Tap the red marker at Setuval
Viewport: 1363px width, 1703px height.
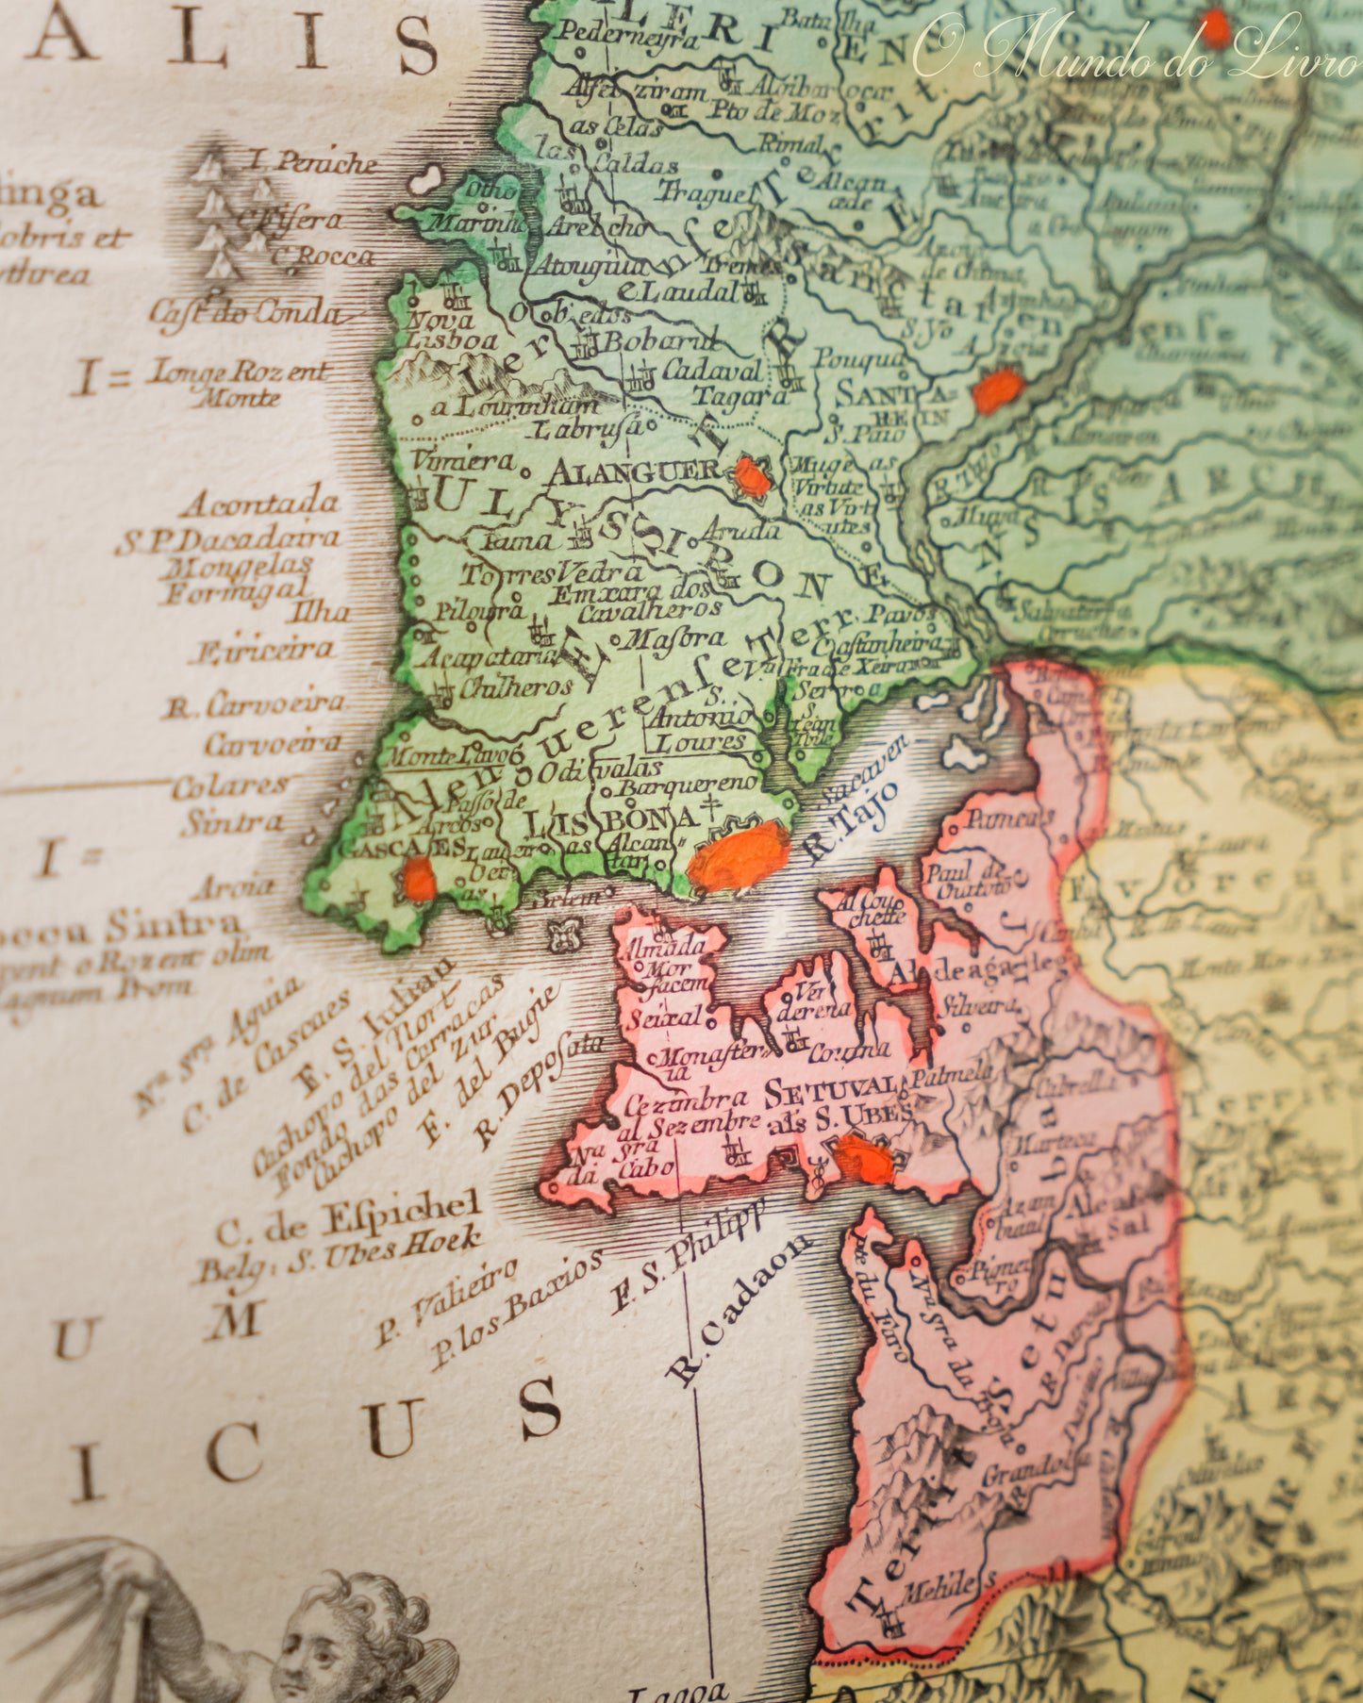point(864,1160)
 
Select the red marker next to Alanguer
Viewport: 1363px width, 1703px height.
point(752,477)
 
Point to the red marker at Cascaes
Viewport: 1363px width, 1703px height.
point(419,879)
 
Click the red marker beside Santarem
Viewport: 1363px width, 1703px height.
point(998,390)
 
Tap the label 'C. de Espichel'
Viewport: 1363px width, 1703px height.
point(349,1216)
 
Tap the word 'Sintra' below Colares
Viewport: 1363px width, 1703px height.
point(232,822)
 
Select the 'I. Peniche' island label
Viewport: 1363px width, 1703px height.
point(311,162)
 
